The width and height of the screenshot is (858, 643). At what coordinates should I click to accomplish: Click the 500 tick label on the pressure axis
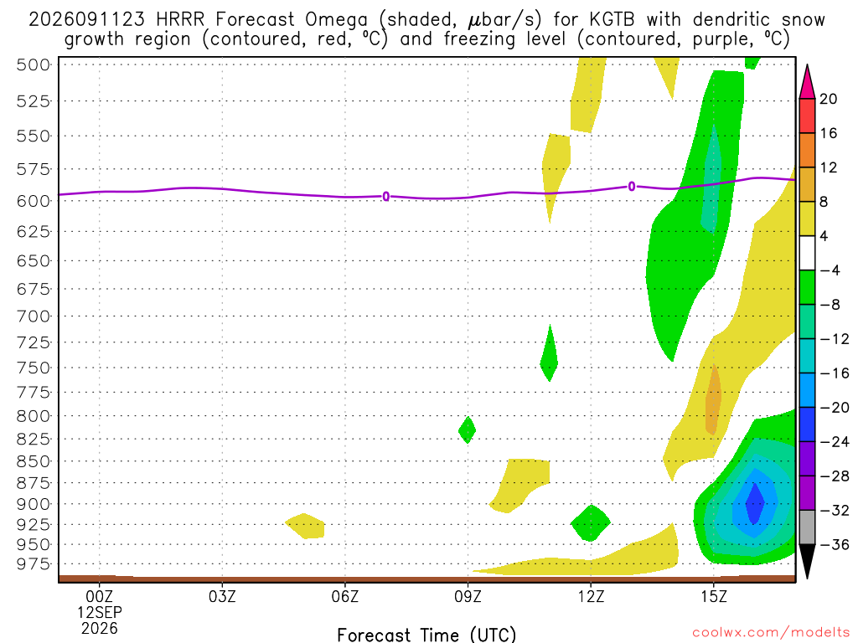(33, 65)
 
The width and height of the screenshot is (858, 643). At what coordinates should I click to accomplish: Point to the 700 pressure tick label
(33, 316)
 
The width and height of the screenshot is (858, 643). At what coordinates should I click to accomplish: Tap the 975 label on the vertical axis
(33, 563)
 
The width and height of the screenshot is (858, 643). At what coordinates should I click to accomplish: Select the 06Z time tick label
(344, 596)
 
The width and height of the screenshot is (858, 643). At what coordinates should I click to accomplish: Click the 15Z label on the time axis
(714, 596)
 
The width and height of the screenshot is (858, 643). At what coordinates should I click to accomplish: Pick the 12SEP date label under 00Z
(99, 612)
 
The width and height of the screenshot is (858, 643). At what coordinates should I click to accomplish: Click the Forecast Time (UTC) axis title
(426, 635)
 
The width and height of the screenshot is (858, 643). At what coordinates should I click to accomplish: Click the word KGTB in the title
(612, 20)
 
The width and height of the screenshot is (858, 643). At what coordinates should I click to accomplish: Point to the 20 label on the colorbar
(829, 99)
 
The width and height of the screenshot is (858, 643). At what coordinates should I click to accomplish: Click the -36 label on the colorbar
(835, 544)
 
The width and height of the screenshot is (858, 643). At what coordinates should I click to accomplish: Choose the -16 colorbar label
(835, 373)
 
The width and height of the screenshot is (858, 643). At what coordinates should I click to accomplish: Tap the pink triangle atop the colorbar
(807, 81)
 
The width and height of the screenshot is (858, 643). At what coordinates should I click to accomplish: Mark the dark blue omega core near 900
(755, 503)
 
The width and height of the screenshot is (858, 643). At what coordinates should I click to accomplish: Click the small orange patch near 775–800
(713, 399)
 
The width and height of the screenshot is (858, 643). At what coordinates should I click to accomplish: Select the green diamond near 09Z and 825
(467, 430)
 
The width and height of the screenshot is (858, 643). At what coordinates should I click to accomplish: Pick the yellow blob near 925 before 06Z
(305, 526)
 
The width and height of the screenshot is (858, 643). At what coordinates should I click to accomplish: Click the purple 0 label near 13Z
(632, 187)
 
